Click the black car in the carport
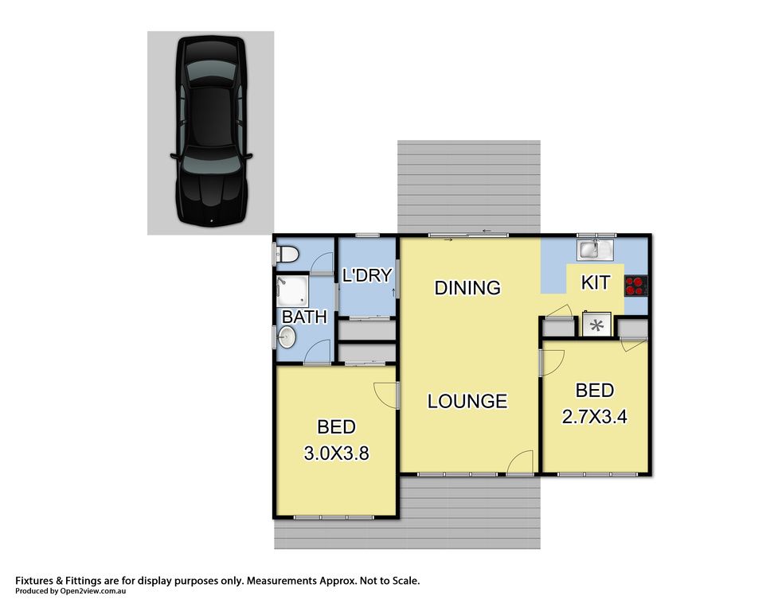pos(211,131)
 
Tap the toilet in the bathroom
pos(287,255)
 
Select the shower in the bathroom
pos(292,291)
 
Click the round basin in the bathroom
pos(287,338)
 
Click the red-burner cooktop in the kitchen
pos(635,286)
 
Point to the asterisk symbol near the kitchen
pos(597,325)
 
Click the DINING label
pos(467,287)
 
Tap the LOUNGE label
pos(467,401)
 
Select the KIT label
pos(596,282)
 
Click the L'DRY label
pos(367,275)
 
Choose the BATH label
pos(305,317)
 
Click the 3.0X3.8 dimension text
pos(336,453)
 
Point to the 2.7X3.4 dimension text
pos(594,416)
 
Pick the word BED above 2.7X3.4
pos(594,391)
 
